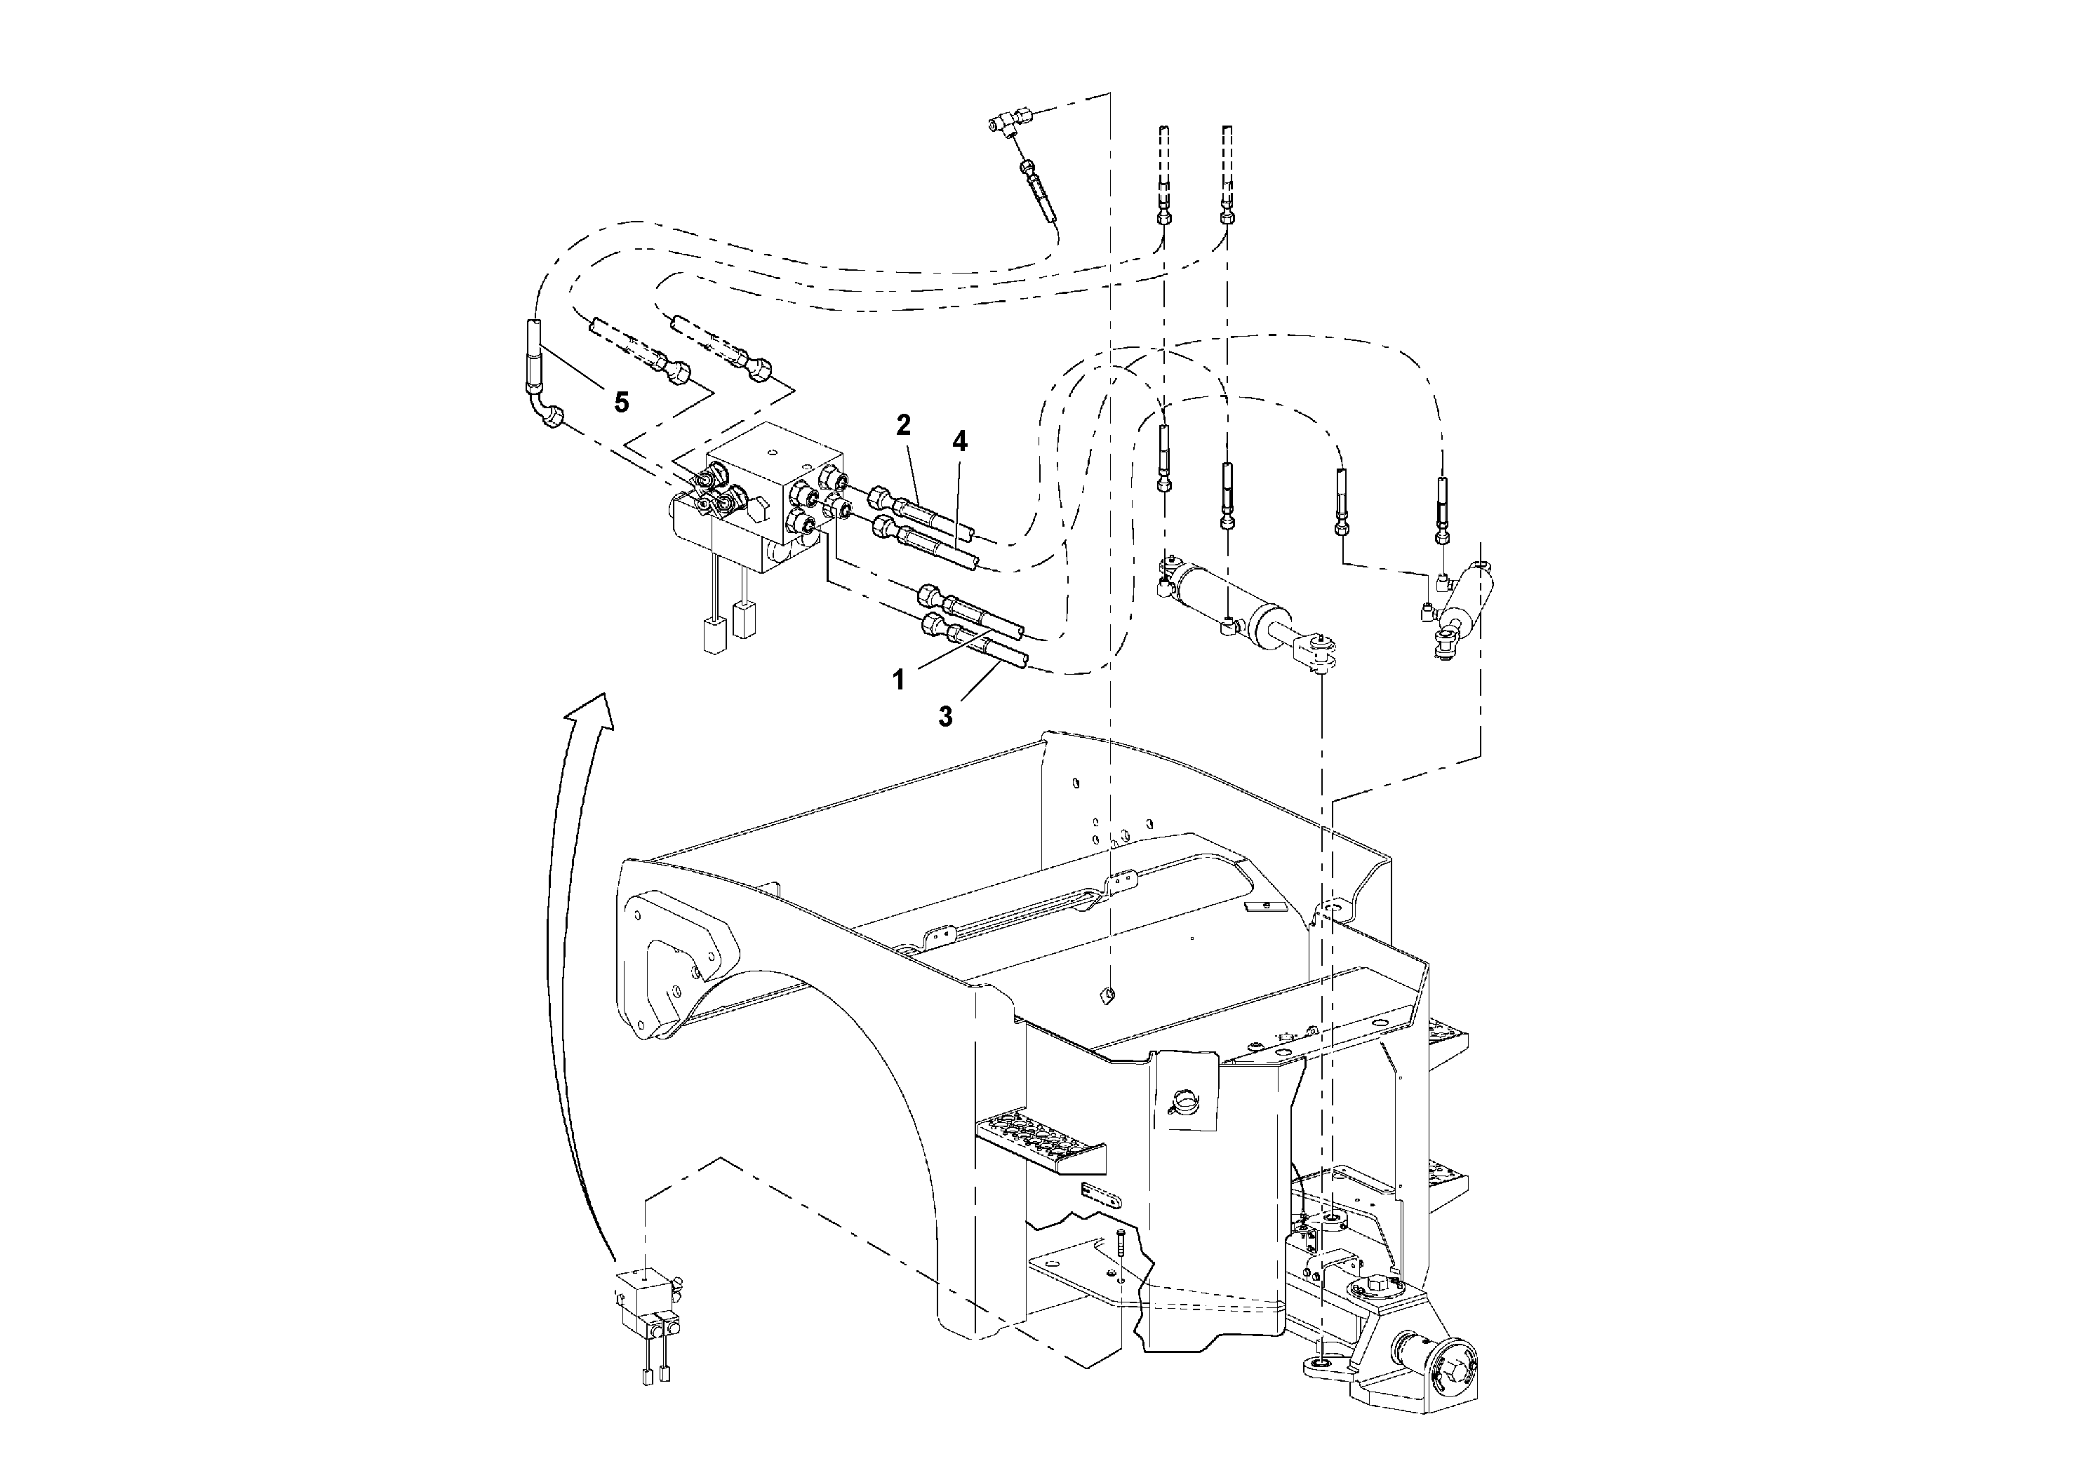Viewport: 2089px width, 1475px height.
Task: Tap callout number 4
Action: (x=959, y=442)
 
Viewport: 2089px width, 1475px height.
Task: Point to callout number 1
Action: (x=898, y=680)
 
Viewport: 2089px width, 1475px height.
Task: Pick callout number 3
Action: (x=945, y=717)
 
